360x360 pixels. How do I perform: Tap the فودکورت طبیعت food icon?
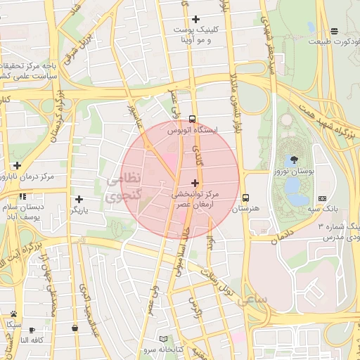(334, 31)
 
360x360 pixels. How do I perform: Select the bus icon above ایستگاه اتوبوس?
(193, 119)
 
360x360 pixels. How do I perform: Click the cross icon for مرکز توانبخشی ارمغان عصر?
(195, 182)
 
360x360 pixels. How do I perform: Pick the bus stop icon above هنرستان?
(246, 198)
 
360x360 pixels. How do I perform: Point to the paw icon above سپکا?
(13, 314)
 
